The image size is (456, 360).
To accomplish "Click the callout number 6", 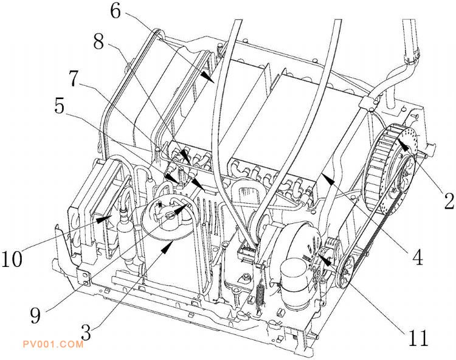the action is tap(116, 12).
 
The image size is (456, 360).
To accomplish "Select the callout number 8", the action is tap(98, 41).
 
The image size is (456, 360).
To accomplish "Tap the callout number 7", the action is tap(74, 78).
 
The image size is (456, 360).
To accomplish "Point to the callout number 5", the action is tap(60, 106).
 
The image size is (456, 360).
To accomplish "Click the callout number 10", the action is tap(12, 259).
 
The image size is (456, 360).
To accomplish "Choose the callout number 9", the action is tap(35, 316).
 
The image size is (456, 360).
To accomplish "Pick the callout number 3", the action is tap(86, 333).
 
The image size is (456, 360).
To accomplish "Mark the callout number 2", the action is tap(449, 201).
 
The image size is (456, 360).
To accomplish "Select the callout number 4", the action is tap(418, 257).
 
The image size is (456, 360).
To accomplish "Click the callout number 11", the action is tap(418, 338).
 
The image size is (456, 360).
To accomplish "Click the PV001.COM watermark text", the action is tap(53, 345).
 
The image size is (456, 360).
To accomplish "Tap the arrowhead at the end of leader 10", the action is tap(104, 220).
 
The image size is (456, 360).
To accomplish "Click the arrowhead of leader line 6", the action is tap(208, 77).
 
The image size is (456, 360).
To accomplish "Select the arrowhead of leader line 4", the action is tap(327, 178).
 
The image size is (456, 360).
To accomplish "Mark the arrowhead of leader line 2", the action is tap(402, 145).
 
